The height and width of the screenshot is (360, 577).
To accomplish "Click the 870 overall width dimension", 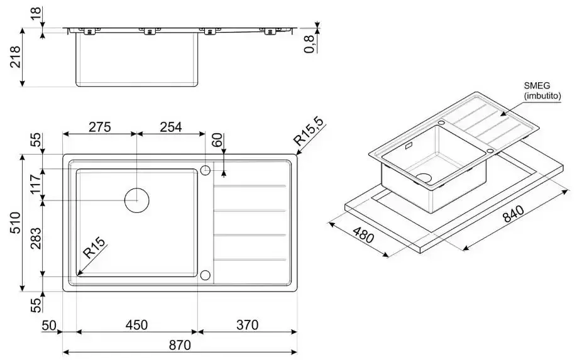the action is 180,345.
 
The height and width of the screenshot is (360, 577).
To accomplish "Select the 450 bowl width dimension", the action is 136,325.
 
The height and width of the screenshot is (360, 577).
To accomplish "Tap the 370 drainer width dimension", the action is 247,325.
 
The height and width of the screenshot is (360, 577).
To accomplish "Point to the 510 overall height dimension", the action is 15,222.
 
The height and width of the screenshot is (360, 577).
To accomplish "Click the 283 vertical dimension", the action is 36,239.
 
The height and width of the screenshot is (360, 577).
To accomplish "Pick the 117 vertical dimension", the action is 36,184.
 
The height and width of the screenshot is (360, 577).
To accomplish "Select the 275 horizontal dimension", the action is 100,127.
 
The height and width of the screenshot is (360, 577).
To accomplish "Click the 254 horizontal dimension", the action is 171,127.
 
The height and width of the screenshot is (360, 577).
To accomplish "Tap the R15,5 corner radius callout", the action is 309,131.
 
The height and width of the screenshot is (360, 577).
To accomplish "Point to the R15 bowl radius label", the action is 94,248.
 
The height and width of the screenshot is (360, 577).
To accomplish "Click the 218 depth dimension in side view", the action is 15,57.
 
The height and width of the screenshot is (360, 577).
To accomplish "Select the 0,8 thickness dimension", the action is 309,44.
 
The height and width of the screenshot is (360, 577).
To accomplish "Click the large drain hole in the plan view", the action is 137,200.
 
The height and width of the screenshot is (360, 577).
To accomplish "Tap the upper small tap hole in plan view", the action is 205,170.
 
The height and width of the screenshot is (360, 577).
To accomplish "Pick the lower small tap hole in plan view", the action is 205,275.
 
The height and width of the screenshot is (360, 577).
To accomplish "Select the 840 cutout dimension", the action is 513,214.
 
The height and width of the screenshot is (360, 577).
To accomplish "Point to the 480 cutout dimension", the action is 363,235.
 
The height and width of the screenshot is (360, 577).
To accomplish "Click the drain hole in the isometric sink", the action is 424,178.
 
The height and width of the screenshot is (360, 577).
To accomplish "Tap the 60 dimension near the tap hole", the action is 217,139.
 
